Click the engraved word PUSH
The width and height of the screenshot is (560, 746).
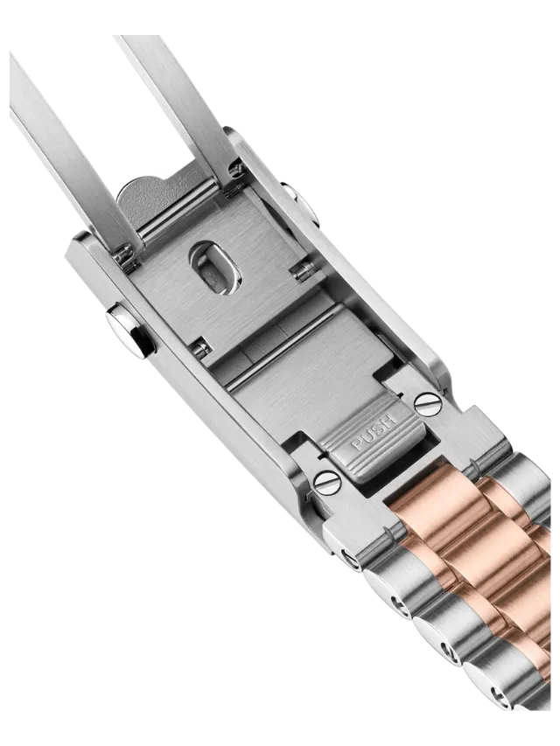[x=374, y=432]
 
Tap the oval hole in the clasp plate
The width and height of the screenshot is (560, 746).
[x=215, y=268]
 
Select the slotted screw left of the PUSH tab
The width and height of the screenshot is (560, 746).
[x=328, y=482]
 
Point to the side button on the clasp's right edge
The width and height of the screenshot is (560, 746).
[x=299, y=204]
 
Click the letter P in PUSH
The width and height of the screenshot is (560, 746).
[x=357, y=444]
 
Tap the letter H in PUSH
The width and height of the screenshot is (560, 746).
[x=389, y=421]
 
